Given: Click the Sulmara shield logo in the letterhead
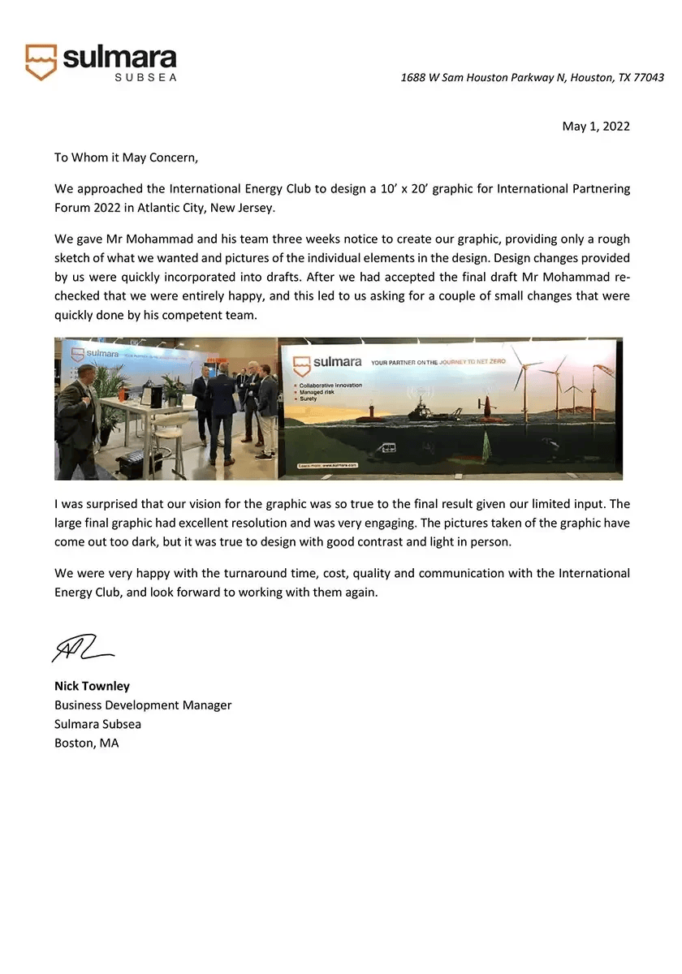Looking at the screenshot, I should (41, 62).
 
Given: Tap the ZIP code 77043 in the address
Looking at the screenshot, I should (648, 78).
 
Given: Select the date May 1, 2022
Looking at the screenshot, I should (596, 126).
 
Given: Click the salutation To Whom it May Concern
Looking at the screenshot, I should (126, 157).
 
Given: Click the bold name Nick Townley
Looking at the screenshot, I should (92, 687).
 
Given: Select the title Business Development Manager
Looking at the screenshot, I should (143, 705).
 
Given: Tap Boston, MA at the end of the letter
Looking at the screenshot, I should (87, 743).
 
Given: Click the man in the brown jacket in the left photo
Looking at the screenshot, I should (78, 422).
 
